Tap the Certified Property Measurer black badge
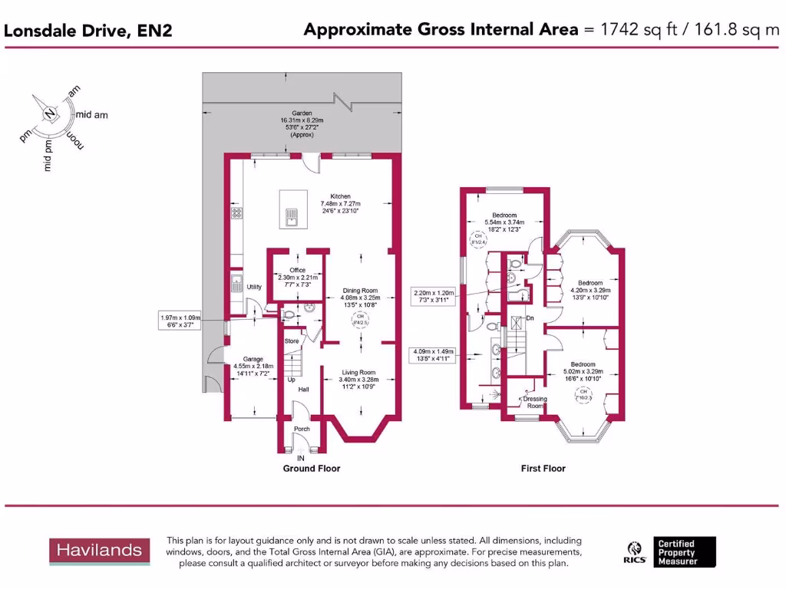click(685, 552)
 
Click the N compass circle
click(50, 114)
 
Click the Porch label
click(302, 429)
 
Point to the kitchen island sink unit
click(292, 218)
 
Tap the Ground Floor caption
click(312, 468)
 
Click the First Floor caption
click(543, 468)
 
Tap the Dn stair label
click(530, 318)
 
